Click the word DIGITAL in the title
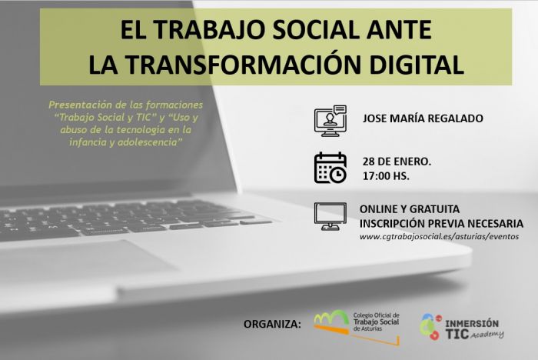pos(417,65)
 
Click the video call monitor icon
pos(330,121)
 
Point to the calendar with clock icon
pos(330,168)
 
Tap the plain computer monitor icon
pos(330,216)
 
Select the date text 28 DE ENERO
pos(397,162)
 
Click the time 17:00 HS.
pos(386,176)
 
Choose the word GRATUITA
pos(434,209)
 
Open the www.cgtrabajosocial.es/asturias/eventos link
pos(439,236)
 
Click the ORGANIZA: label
pos(272,324)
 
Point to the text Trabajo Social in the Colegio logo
pos(376,322)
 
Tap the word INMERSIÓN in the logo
pos(472,324)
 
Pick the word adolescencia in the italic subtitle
pos(148,142)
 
